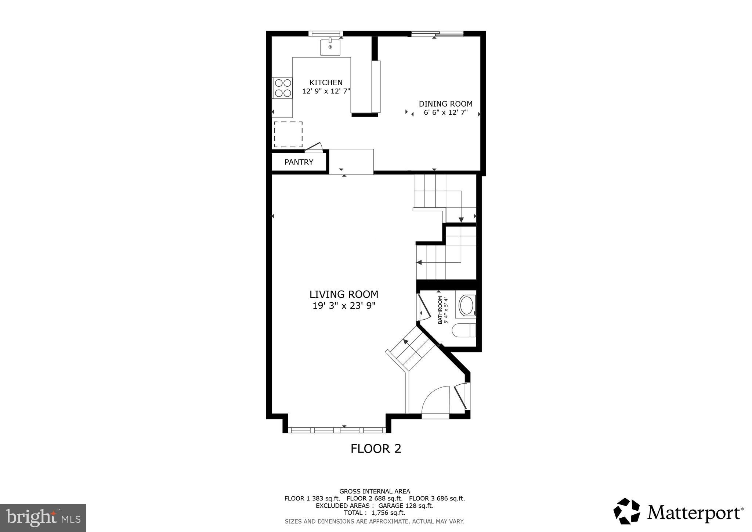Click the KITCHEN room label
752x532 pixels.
pyautogui.click(x=326, y=83)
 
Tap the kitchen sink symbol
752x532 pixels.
pyautogui.click(x=330, y=47)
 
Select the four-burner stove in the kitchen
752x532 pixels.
pyautogui.click(x=282, y=88)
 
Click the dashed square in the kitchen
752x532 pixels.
pyautogui.click(x=288, y=134)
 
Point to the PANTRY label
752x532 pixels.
pyautogui.click(x=299, y=162)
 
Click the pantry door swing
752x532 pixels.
pyautogui.click(x=314, y=148)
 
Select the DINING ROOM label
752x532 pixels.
pyautogui.click(x=445, y=104)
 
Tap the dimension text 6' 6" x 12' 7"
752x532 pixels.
pyautogui.click(x=445, y=113)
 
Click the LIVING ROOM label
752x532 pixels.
pyautogui.click(x=344, y=295)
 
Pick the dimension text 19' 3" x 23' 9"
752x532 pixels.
pyautogui.click(x=344, y=306)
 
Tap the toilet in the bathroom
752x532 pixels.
pyautogui.click(x=464, y=330)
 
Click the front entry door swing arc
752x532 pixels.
pyautogui.click(x=435, y=401)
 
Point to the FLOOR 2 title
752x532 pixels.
pyautogui.click(x=376, y=449)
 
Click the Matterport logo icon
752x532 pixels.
pyautogui.click(x=627, y=511)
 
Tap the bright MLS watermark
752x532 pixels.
pyautogui.click(x=43, y=518)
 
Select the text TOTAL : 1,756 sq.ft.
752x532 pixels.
pyautogui.click(x=374, y=513)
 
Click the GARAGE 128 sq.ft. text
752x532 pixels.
pyautogui.click(x=406, y=506)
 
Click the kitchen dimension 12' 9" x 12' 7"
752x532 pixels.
pyautogui.click(x=326, y=91)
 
